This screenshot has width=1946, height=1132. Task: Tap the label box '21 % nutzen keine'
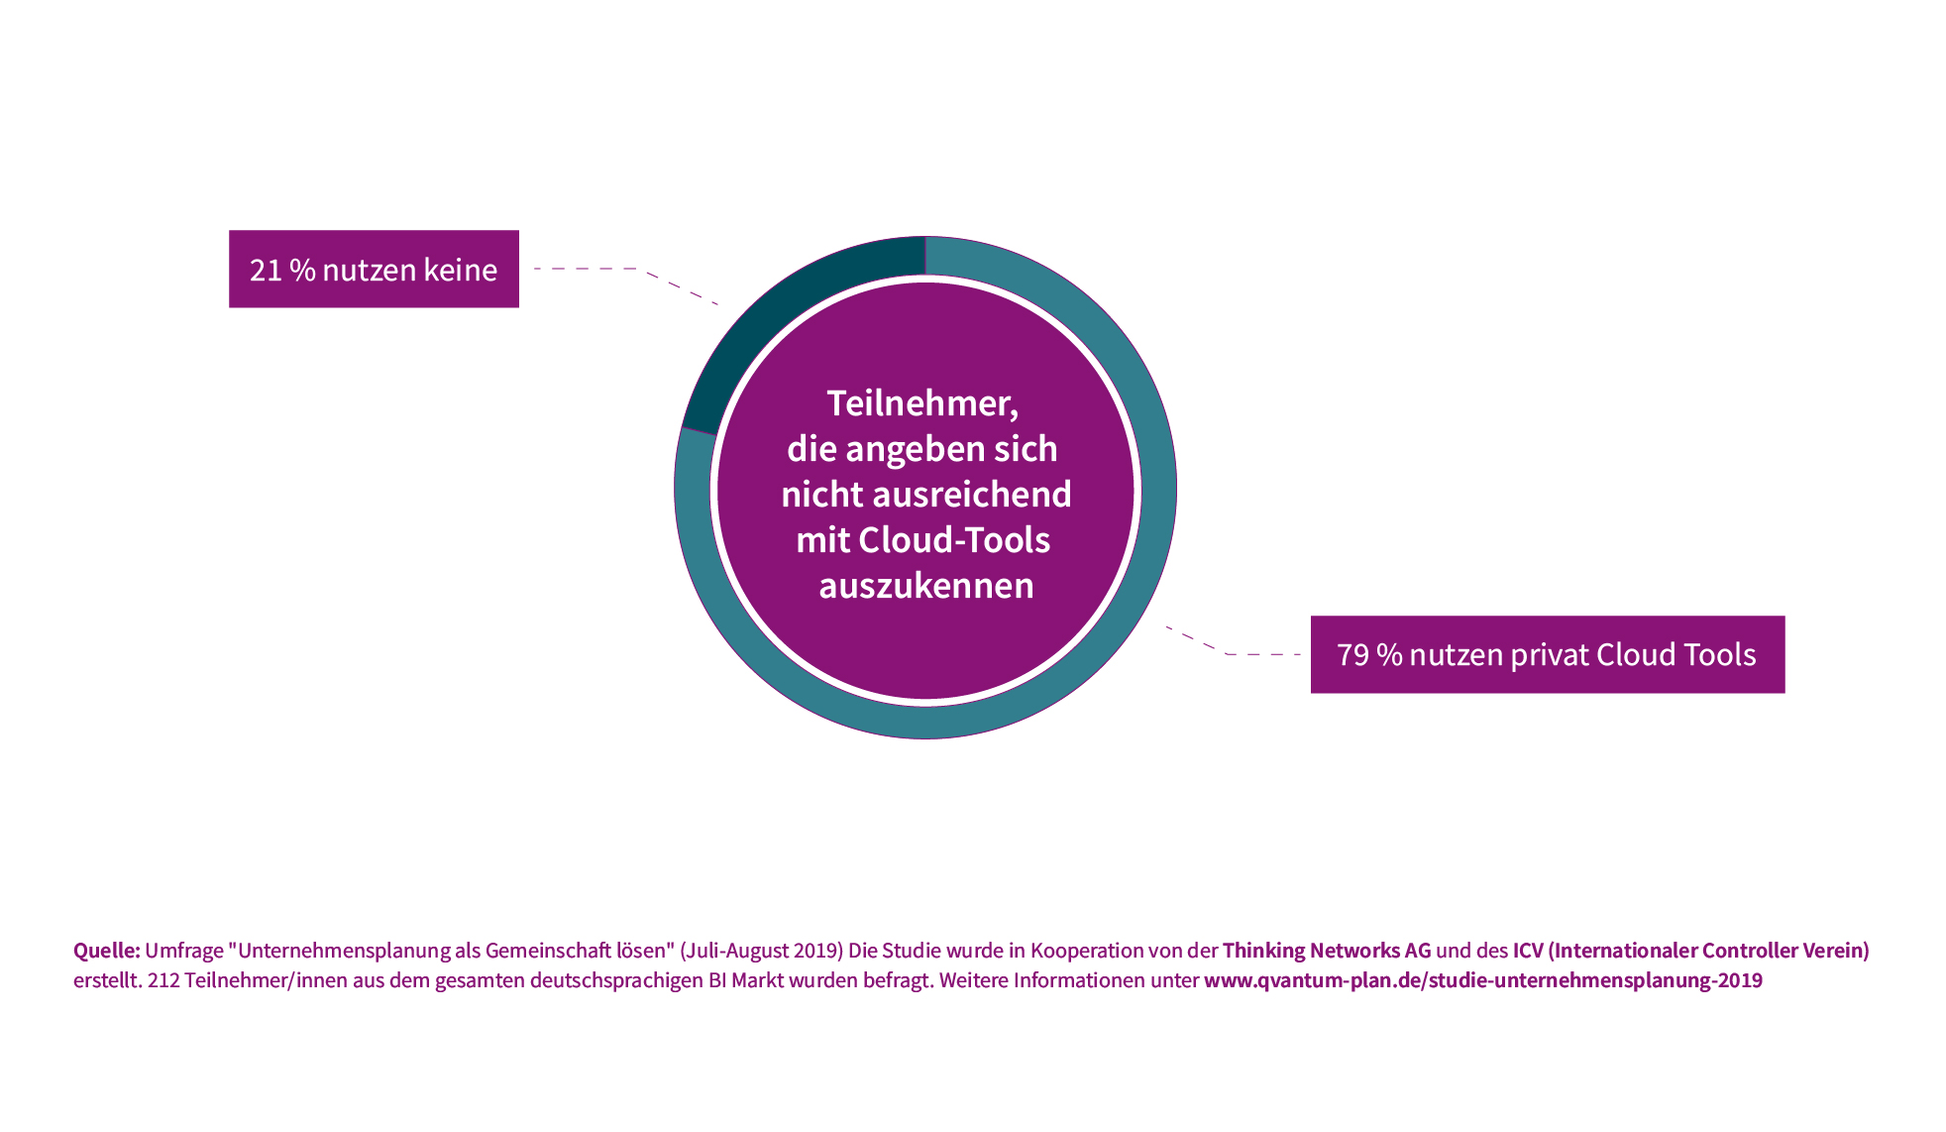[374, 269]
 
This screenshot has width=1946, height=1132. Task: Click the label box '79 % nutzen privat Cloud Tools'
[1548, 654]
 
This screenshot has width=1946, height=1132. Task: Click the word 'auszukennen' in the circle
[926, 586]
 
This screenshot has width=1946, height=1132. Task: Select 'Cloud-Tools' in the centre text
[954, 540]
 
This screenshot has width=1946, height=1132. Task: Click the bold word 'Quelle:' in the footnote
[107, 951]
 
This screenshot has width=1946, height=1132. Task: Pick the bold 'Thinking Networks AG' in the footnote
[1327, 951]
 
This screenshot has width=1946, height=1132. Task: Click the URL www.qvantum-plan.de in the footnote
[1483, 980]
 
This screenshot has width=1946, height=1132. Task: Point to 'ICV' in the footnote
[1528, 951]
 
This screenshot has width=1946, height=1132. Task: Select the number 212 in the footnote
[163, 980]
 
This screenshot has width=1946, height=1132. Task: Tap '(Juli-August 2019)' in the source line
[762, 951]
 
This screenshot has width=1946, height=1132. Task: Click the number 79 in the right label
[1352, 655]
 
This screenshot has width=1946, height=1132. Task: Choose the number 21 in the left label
[266, 270]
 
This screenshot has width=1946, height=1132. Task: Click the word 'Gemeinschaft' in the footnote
[547, 951]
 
